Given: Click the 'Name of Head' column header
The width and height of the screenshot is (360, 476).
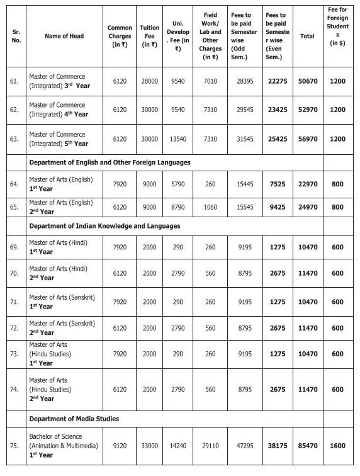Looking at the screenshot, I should tap(62, 37).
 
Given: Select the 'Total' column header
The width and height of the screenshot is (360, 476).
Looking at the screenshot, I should tap(307, 37).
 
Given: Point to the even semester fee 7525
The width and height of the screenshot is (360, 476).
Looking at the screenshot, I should tap(277, 183).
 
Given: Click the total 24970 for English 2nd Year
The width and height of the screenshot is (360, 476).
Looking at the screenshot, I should tap(307, 207).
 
